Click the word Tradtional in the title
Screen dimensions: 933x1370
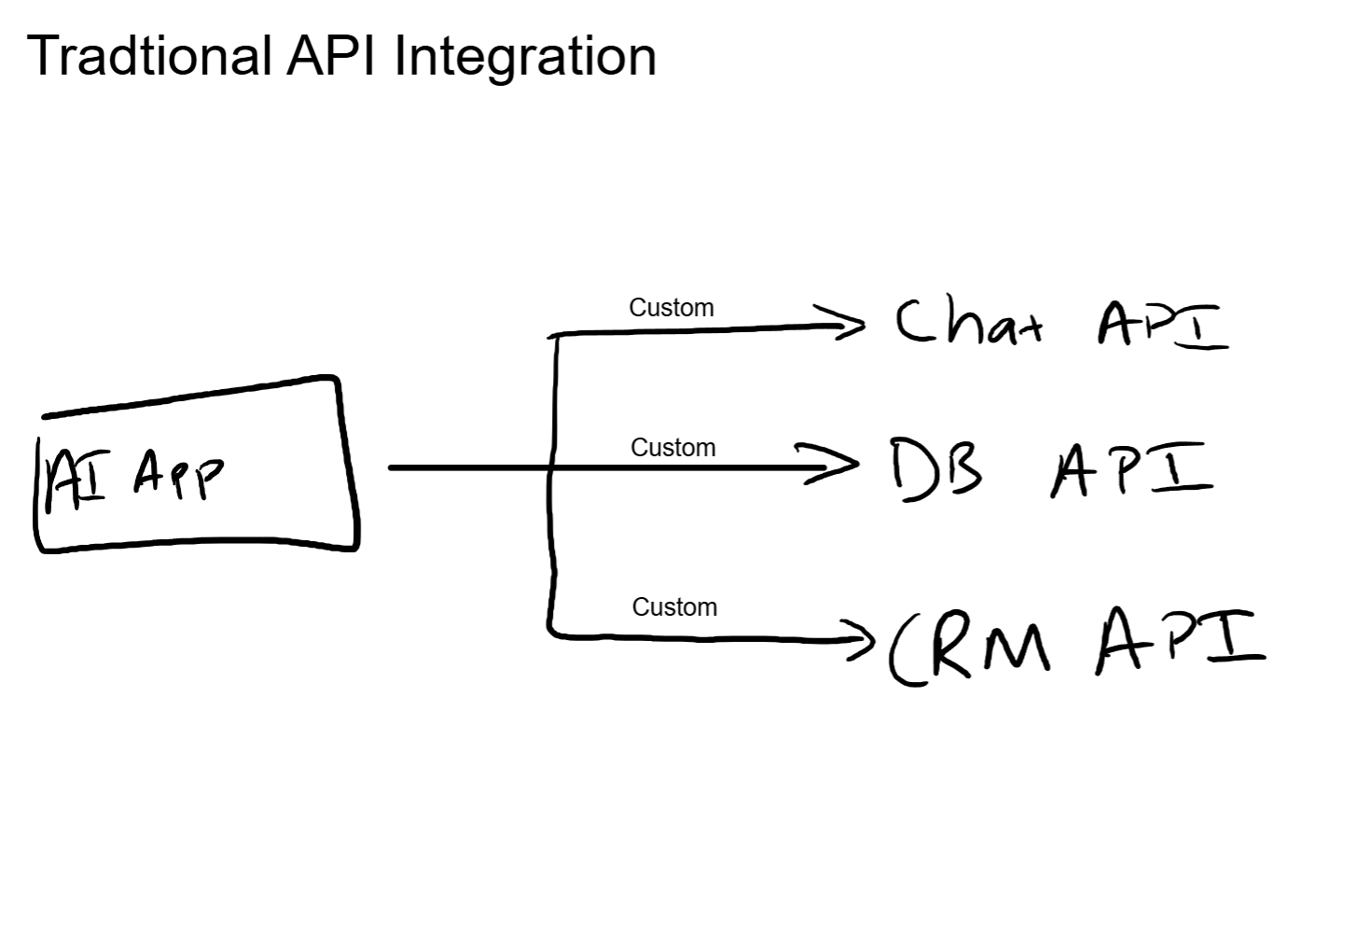coord(149,56)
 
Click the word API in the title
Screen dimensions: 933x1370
coord(332,56)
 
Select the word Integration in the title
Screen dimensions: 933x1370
coord(525,56)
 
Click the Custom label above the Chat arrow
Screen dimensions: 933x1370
coord(671,308)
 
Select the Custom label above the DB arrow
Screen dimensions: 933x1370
coord(673,448)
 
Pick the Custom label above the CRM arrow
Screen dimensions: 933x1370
coord(674,607)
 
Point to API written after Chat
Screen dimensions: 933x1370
coord(1162,325)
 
